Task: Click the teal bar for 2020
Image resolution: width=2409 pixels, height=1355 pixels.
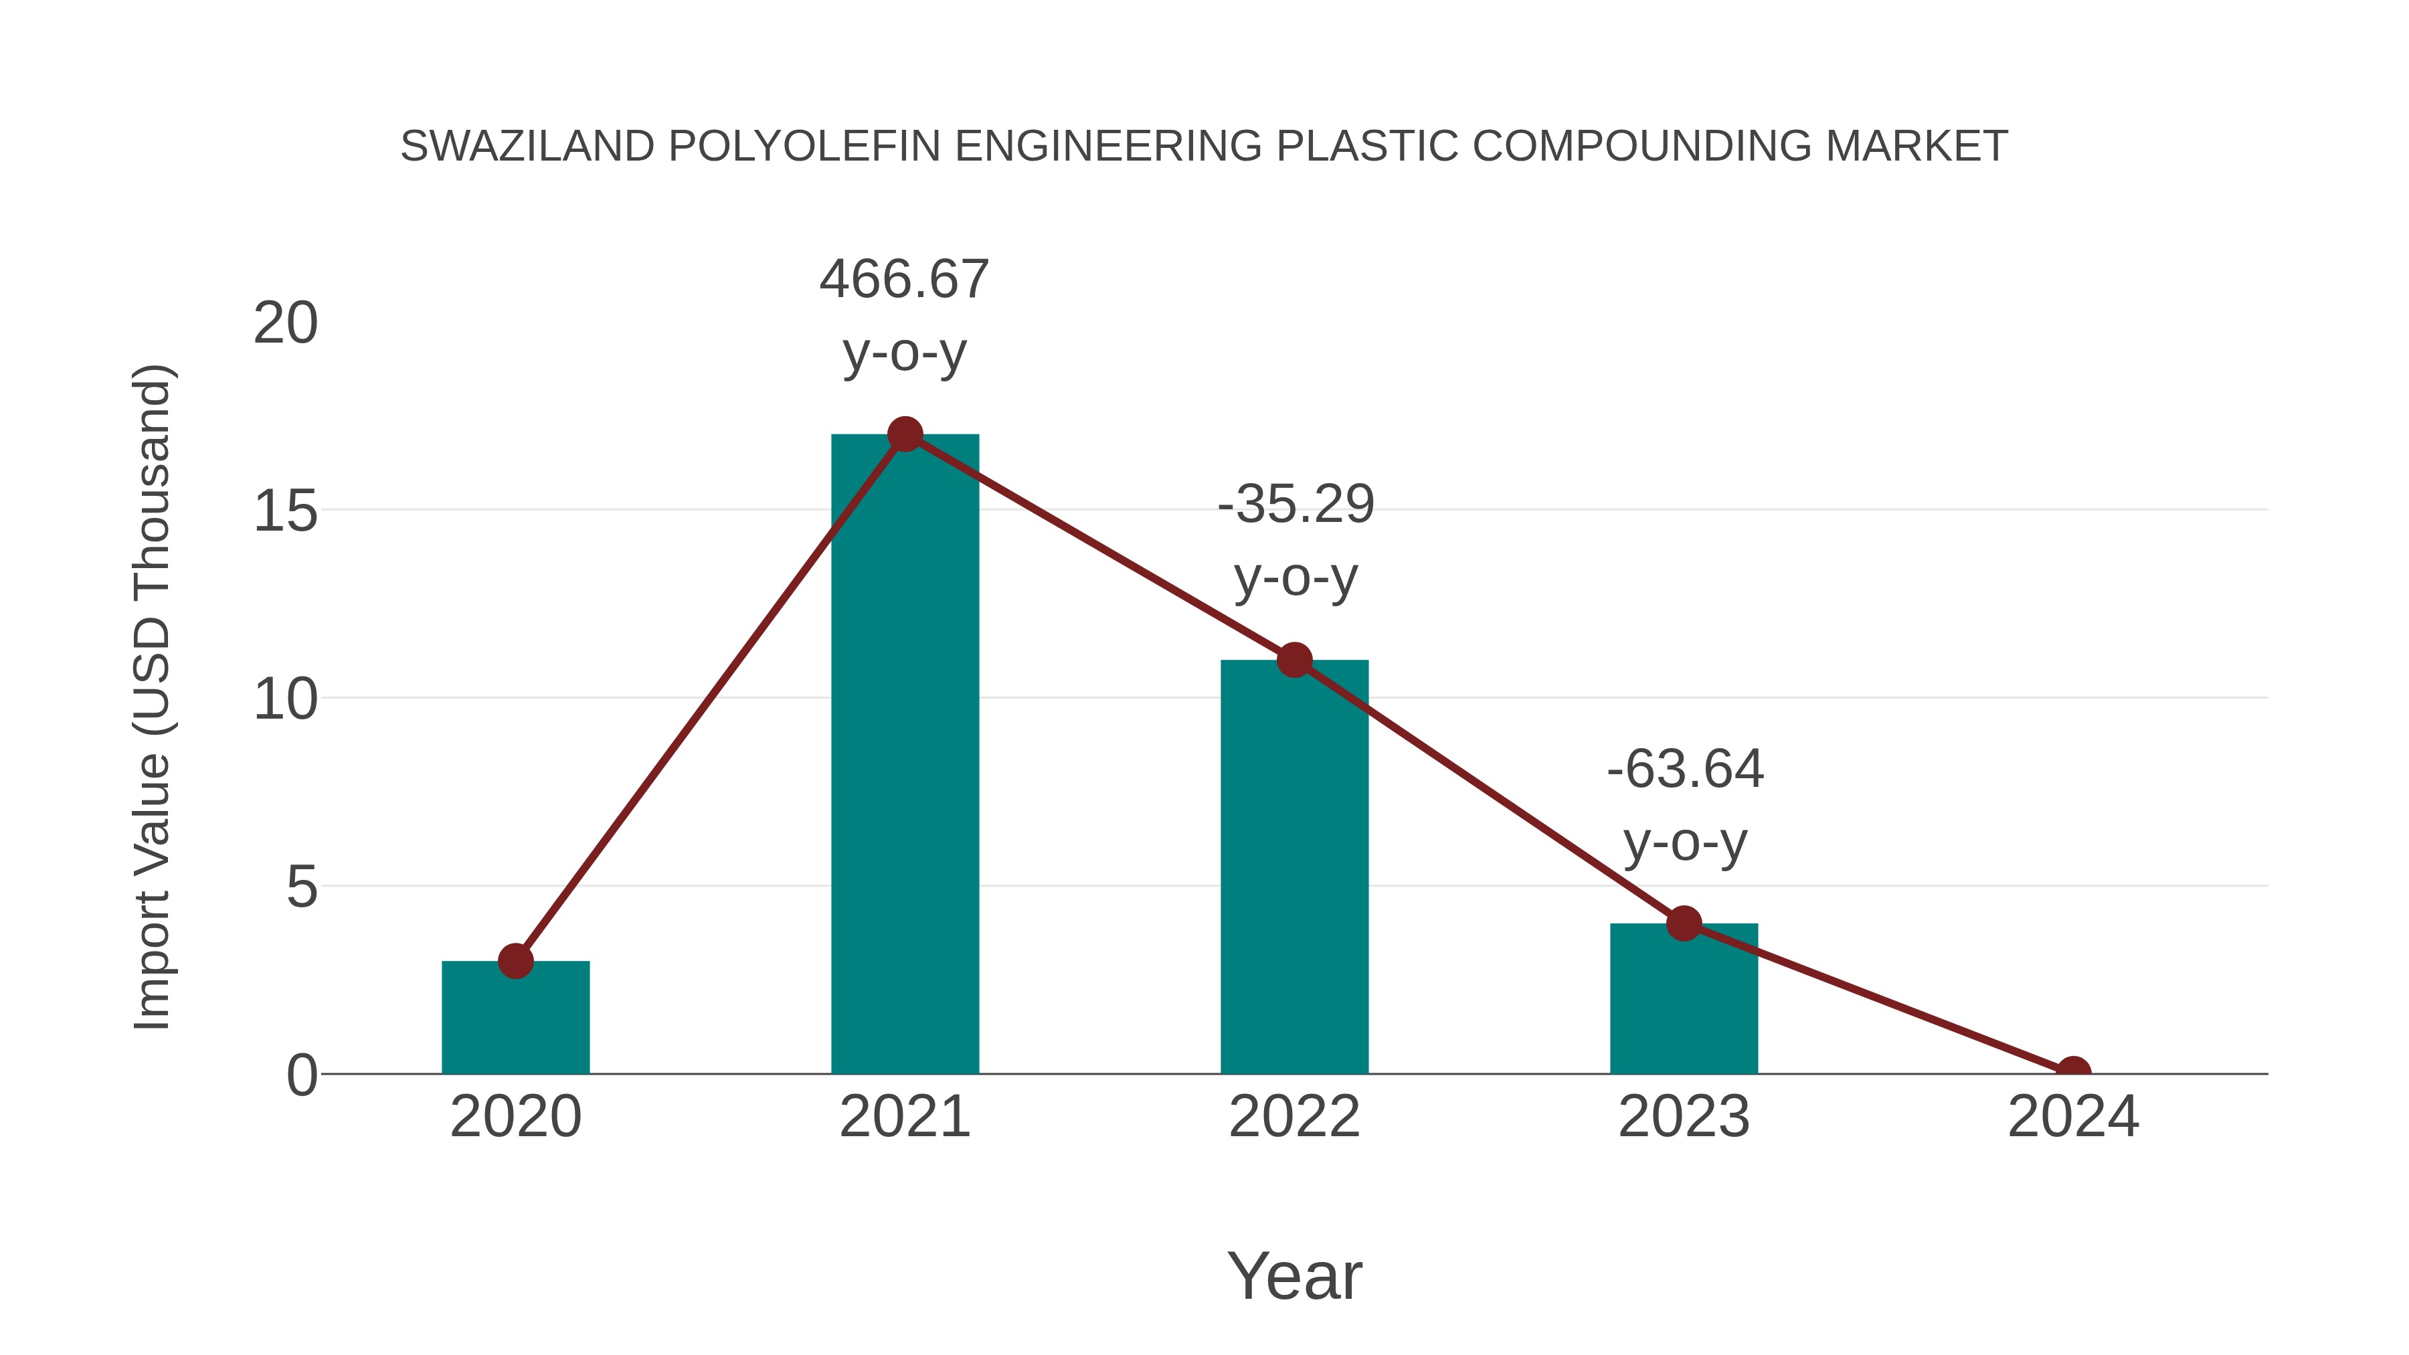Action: [x=515, y=1019]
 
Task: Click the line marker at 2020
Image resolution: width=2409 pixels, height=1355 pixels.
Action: [x=515, y=960]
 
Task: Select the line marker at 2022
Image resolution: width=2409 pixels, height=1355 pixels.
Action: [x=1293, y=660]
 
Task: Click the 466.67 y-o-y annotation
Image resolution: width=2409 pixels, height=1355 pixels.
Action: [x=904, y=315]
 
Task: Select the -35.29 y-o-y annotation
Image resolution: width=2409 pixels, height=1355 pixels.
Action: [x=1296, y=541]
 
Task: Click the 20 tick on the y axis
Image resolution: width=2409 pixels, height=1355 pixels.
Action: [x=285, y=324]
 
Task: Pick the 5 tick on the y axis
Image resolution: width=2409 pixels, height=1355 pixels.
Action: [x=301, y=887]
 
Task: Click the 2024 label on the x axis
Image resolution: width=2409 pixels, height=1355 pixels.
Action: [x=2073, y=1117]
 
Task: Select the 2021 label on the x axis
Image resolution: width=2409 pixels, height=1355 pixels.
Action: [x=904, y=1117]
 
